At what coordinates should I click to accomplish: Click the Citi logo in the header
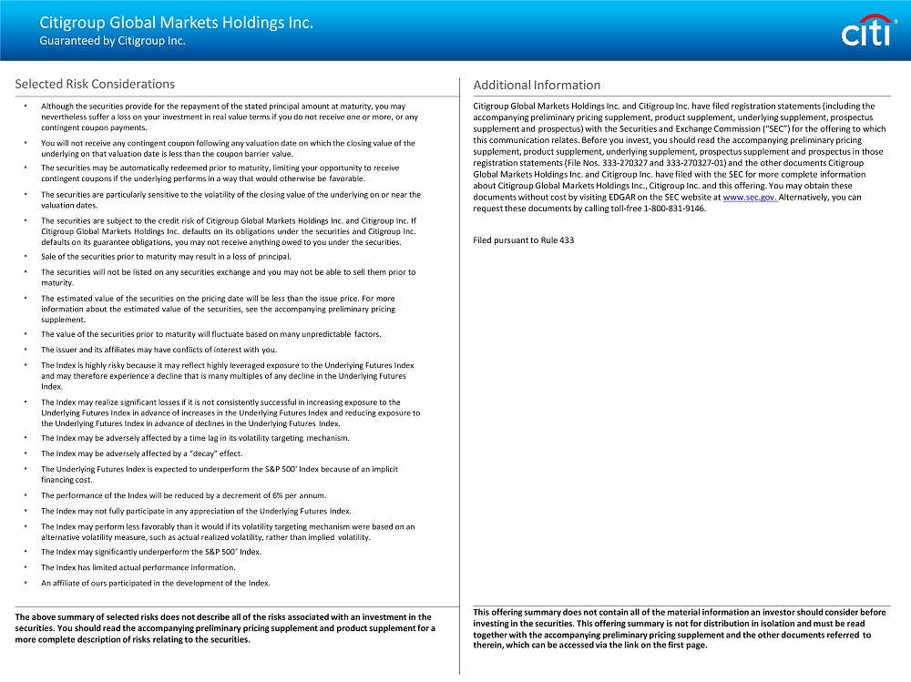point(865,32)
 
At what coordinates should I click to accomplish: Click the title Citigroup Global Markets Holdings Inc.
point(176,23)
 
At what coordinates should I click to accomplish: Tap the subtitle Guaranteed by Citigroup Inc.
point(112,41)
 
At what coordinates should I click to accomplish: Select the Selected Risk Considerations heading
point(95,84)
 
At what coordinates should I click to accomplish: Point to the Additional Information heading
point(537,85)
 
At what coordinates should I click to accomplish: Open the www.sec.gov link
point(750,197)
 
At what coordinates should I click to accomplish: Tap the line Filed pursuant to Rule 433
point(524,240)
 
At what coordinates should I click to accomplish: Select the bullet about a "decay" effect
point(141,453)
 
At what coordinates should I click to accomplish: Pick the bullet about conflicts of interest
point(159,350)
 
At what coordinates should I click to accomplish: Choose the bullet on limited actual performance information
point(138,567)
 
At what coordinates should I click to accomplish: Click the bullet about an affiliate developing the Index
point(155,583)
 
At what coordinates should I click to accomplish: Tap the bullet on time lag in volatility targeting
point(194,438)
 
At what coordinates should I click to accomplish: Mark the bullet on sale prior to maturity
point(165,257)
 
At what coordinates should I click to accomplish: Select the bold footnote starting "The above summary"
point(224,628)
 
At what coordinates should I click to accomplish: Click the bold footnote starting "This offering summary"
point(679,628)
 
